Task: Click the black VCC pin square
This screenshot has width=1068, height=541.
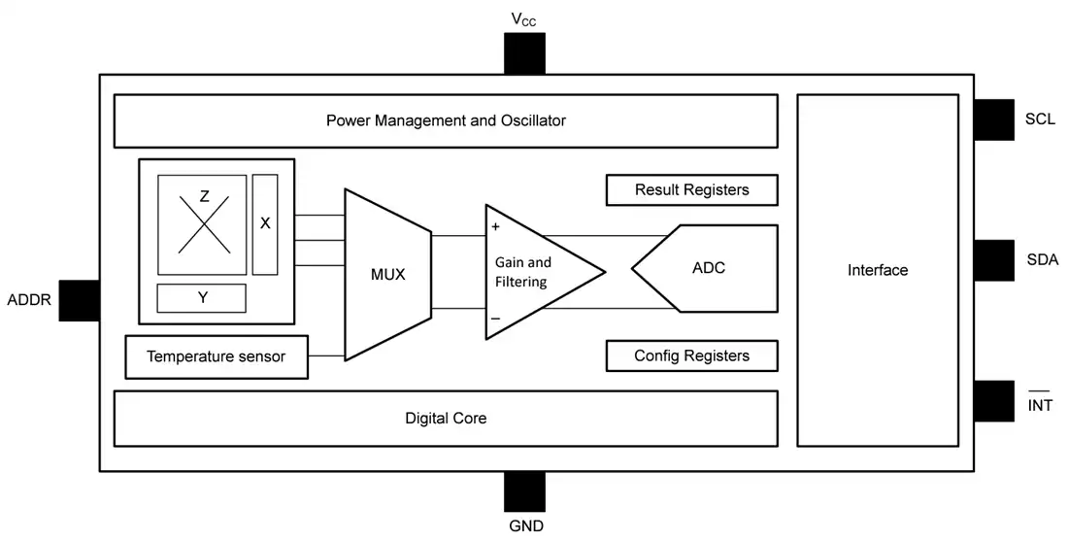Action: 524,53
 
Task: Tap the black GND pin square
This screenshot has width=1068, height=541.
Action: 524,491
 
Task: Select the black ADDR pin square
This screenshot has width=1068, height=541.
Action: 80,300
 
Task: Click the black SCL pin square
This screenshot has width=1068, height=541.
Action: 994,119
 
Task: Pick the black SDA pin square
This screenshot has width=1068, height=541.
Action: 994,260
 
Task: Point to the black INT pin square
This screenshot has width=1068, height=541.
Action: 994,400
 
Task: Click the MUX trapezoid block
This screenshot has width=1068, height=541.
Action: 388,275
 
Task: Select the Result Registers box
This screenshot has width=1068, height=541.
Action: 692,190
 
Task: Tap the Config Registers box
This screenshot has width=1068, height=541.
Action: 692,355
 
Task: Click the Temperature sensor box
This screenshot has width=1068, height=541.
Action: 217,356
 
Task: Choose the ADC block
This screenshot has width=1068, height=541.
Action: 705,268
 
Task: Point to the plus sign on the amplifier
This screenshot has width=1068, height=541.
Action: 495,227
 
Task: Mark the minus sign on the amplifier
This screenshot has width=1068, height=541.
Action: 495,319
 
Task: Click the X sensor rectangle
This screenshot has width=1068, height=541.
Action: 265,224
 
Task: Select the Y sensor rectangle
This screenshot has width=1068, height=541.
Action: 202,298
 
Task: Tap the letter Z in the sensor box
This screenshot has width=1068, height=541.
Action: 204,197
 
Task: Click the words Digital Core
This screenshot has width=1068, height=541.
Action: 446,418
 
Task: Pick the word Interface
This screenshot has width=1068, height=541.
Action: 878,270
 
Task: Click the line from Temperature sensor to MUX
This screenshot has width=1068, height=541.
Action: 326,355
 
